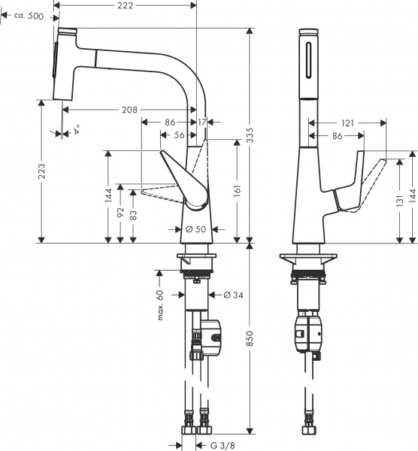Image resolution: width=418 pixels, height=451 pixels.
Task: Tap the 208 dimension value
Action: (x=129, y=110)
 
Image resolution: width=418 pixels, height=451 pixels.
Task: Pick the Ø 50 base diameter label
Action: (x=196, y=229)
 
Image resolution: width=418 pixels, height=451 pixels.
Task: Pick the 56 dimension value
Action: (x=178, y=135)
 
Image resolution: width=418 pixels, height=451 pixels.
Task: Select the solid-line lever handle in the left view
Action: (x=184, y=177)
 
